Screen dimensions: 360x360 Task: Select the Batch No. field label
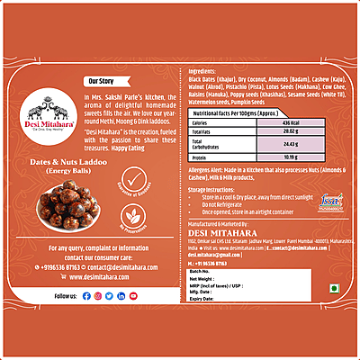click(x=202, y=271)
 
